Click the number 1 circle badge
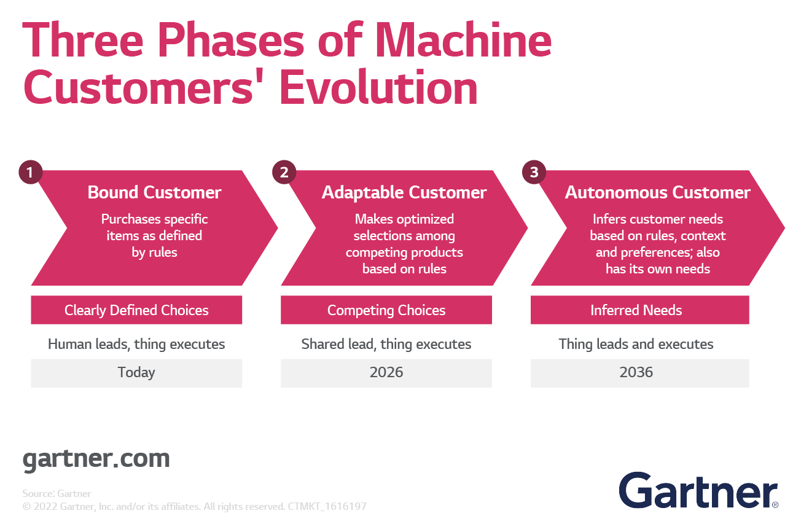click(30, 173)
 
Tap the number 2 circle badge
click(284, 173)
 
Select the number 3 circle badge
click(534, 173)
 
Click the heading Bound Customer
click(154, 192)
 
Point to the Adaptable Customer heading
click(404, 192)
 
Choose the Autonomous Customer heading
click(657, 192)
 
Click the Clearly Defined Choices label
click(136, 310)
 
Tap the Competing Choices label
click(386, 310)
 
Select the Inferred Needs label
click(636, 310)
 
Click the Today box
click(136, 373)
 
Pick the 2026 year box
click(386, 373)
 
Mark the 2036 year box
click(636, 373)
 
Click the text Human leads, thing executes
click(136, 344)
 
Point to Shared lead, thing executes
click(386, 344)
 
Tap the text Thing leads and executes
click(636, 344)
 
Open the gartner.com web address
click(96, 459)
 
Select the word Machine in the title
click(463, 41)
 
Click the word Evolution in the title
click(378, 87)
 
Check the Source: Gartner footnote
click(57, 493)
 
